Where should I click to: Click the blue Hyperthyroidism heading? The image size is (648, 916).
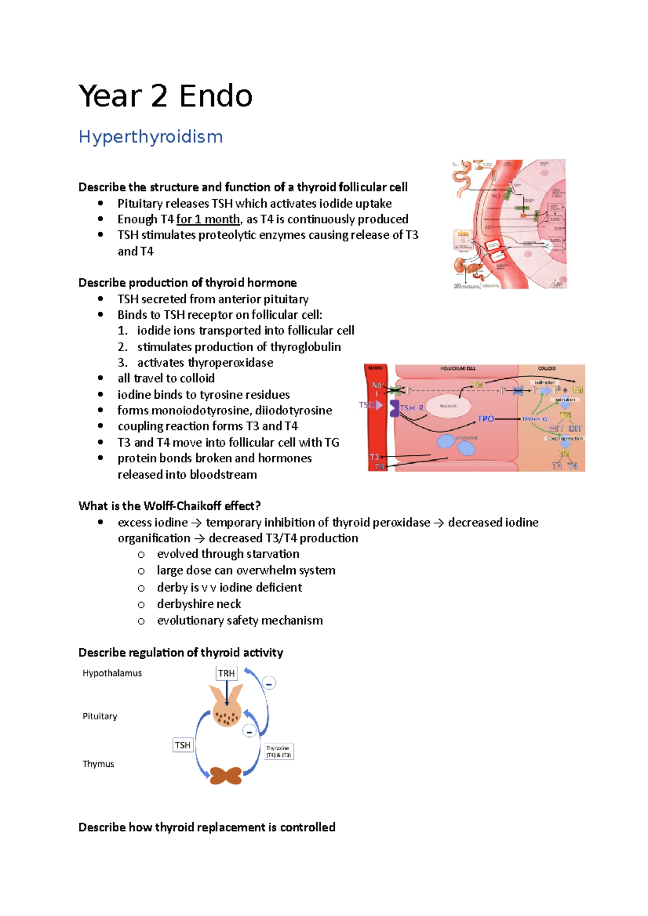(151, 137)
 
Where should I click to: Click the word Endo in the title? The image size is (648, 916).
(215, 97)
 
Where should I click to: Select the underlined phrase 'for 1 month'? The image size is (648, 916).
(208, 220)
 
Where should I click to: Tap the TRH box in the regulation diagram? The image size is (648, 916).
(226, 673)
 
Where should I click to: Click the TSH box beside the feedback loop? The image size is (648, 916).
(183, 745)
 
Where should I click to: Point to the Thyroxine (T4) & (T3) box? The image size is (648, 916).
(279, 751)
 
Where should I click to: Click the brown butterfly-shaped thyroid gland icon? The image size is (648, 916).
(226, 776)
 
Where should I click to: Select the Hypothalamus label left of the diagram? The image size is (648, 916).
(112, 673)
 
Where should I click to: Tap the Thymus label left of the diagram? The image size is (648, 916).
(98, 764)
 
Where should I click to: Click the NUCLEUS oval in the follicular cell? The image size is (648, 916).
(448, 406)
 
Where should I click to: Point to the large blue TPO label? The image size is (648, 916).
(486, 419)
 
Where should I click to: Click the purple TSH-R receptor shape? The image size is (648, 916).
(395, 408)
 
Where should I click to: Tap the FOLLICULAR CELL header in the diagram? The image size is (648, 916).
(458, 368)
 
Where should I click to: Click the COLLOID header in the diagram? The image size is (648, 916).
(546, 368)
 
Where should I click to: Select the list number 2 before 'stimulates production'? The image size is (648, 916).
(123, 347)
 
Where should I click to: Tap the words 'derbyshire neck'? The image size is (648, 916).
(199, 604)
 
